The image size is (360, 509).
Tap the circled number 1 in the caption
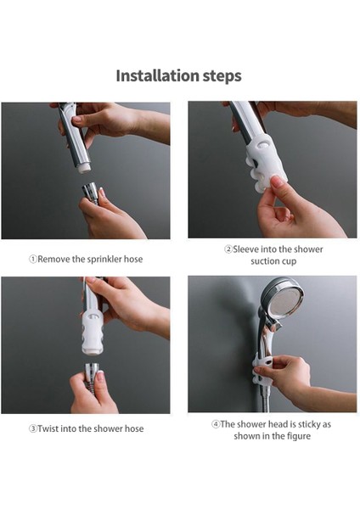click(33, 260)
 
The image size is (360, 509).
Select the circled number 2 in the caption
click(228, 249)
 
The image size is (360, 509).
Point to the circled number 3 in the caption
click(33, 428)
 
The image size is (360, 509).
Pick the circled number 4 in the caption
click(216, 424)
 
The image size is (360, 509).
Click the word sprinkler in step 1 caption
click(104, 260)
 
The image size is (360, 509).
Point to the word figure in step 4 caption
click(299, 436)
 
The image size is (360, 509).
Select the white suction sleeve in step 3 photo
click(93, 333)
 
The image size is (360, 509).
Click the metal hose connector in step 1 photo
click(91, 193)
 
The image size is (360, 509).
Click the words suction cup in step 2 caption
click(273, 261)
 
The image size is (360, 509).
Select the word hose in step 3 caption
click(134, 428)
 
